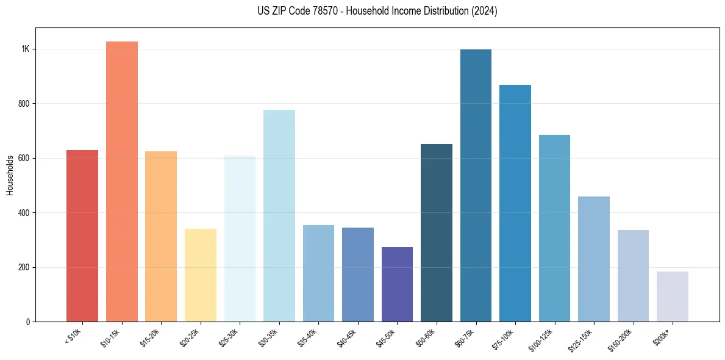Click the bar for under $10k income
(82, 236)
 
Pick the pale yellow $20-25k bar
(201, 275)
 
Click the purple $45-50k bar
(397, 284)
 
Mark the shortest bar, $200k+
(673, 297)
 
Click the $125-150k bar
(594, 259)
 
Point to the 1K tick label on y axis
(25, 49)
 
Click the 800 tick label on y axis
(24, 104)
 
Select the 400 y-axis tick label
(24, 213)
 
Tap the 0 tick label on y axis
(27, 322)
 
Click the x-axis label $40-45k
(347, 337)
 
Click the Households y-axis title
(10, 175)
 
